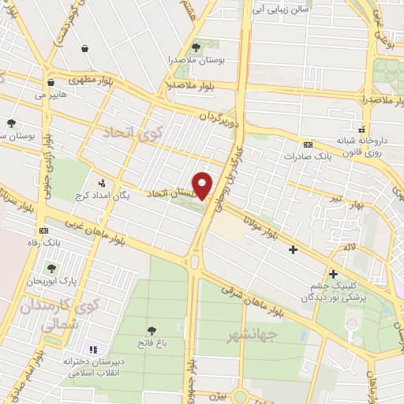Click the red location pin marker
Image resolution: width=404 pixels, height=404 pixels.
point(203,185)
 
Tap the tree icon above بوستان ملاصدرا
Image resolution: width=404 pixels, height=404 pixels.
point(196,48)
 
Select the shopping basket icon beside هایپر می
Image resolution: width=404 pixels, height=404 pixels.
point(50,82)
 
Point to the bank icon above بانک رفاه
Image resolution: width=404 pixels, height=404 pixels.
point(43,230)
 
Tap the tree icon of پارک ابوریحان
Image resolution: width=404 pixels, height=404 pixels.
point(52,268)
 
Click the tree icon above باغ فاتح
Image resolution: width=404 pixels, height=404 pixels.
point(151,331)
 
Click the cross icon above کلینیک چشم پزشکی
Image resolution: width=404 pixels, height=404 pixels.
point(333,274)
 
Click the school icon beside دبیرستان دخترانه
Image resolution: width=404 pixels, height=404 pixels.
point(93,349)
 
